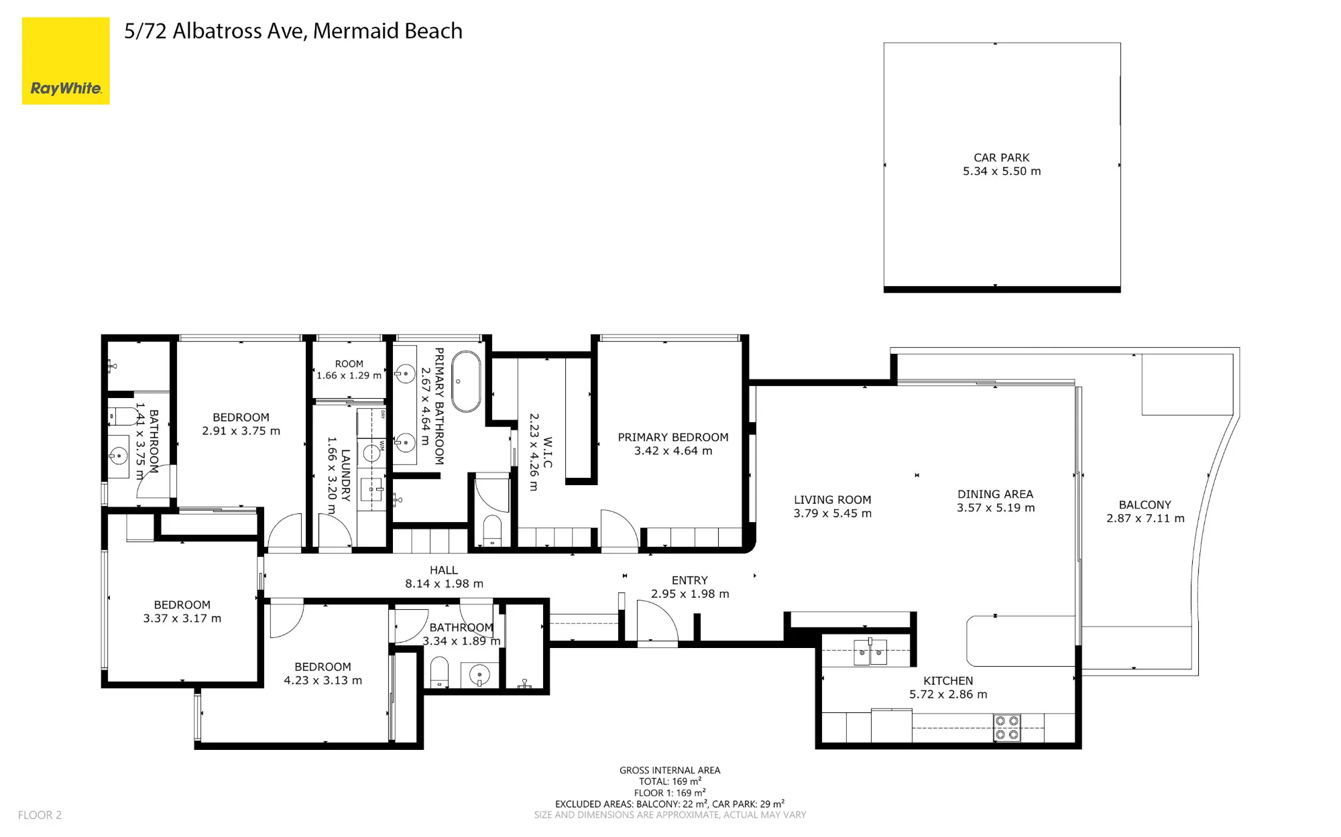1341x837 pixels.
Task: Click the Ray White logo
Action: coord(66,61)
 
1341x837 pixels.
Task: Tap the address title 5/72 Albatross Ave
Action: coord(215,31)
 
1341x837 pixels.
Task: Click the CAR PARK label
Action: coord(1001,157)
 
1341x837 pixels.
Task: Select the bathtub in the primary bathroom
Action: coord(466,381)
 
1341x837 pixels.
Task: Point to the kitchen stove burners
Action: coord(1006,728)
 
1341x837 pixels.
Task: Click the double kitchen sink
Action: coord(870,652)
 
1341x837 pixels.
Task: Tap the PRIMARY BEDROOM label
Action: coord(673,437)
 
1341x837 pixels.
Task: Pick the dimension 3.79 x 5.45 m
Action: coord(832,513)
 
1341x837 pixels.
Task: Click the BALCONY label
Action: coord(1145,505)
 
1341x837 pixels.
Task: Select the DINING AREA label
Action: coord(995,494)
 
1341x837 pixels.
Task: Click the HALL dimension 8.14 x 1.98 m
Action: coord(444,584)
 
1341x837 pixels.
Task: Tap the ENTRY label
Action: coord(689,580)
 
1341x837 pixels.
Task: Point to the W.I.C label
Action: coord(548,452)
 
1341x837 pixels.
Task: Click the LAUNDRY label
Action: coord(345,475)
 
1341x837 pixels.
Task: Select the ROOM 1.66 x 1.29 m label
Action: coord(349,369)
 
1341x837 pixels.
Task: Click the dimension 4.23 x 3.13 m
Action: coord(323,680)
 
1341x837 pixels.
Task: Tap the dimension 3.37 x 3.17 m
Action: coord(182,618)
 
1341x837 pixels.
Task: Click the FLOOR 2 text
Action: coord(40,815)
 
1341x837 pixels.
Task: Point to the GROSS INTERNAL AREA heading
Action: coord(670,770)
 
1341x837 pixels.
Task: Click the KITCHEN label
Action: coord(948,680)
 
